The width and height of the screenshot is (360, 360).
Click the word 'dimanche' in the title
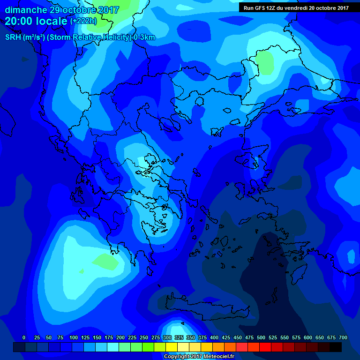coord(23,10)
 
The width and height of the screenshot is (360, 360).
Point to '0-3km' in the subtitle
coord(144,37)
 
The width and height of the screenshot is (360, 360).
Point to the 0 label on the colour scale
coord(24,337)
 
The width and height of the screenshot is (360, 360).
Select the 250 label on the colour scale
coord(144,337)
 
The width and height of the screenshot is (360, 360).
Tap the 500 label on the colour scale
coord(261,337)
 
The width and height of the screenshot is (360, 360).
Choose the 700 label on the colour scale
coord(343,337)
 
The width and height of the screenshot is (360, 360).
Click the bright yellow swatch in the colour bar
coord(172,347)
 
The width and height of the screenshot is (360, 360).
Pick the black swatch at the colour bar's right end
coord(336,347)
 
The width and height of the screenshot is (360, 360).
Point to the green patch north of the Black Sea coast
coord(265,62)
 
